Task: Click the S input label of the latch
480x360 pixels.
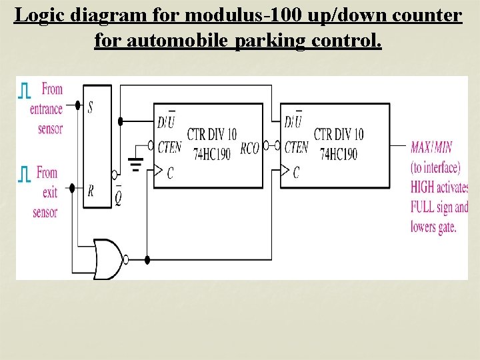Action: pos(90,107)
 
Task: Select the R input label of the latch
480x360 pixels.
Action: pos(90,191)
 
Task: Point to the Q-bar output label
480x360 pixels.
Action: pos(118,197)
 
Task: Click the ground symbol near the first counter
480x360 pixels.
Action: pos(137,163)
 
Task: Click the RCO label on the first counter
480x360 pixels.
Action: pos(249,149)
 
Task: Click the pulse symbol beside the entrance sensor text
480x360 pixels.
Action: pos(25,91)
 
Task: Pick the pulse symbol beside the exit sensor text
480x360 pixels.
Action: pos(25,174)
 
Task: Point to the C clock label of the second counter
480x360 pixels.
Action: pos(296,173)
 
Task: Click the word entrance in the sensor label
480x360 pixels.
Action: pos(46,109)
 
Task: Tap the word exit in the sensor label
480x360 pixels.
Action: pos(50,193)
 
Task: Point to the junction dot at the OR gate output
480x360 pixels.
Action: pos(147,259)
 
